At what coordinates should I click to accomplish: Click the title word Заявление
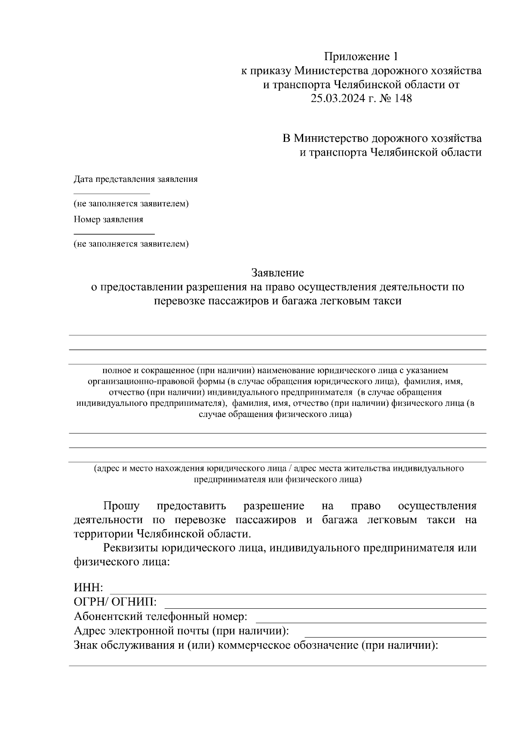[x=277, y=273]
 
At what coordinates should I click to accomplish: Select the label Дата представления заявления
[x=135, y=179]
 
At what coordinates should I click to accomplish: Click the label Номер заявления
[x=108, y=220]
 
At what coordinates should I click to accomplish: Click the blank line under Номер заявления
[x=114, y=233]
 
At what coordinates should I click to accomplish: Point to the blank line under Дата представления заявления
[x=112, y=193]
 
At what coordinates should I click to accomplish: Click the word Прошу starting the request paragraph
[x=121, y=506]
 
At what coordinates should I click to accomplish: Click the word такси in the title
[x=387, y=301]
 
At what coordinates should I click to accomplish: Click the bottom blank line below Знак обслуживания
[x=277, y=666]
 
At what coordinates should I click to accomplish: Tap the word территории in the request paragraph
[x=104, y=534]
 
